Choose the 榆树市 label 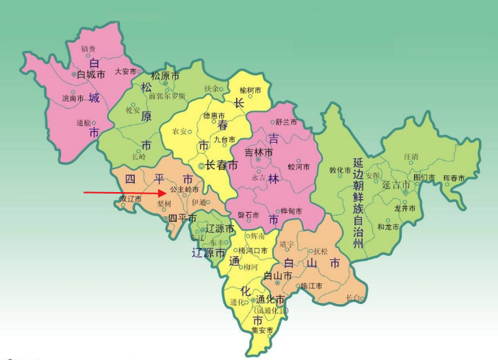point(251,90)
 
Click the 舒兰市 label point(285,121)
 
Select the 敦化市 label point(341,170)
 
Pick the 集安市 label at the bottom point(262,331)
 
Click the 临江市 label point(313,285)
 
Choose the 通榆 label point(83,123)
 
